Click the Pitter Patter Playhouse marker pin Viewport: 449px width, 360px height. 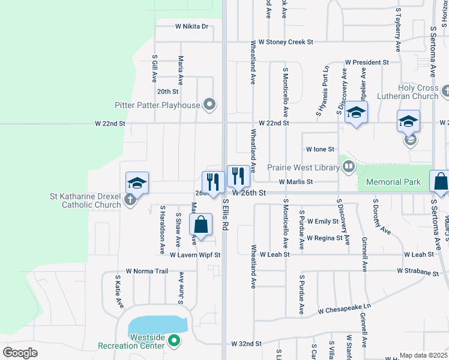pyautogui.click(x=209, y=105)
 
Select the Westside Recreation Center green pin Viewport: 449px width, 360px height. pyautogui.click(x=174, y=341)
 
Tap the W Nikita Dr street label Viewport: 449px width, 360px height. pyautogui.click(x=191, y=26)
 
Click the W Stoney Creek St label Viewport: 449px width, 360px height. pyautogui.click(x=282, y=43)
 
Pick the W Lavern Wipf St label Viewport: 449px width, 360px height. pyautogui.click(x=195, y=255)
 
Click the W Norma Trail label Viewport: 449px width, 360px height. pyautogui.click(x=147, y=271)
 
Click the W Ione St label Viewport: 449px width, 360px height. pyautogui.click(x=319, y=149)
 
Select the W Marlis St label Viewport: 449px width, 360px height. pyautogui.click(x=295, y=182)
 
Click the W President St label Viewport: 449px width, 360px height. pyautogui.click(x=368, y=62)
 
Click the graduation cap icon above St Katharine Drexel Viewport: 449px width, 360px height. pyautogui.click(x=137, y=182)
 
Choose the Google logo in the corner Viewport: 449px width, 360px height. pyautogui.click(x=20, y=353)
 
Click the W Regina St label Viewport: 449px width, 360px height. pyautogui.click(x=324, y=238)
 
